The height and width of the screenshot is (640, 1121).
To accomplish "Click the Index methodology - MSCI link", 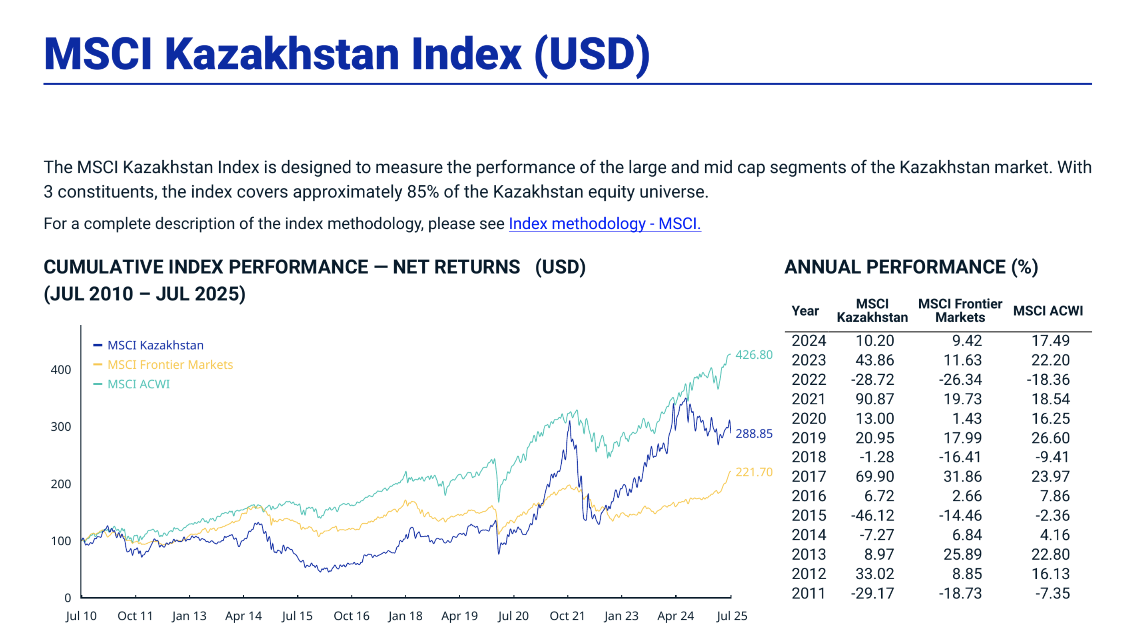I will point(604,224).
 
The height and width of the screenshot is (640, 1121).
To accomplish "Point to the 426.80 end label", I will point(753,355).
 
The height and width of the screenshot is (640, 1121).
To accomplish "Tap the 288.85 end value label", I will point(753,433).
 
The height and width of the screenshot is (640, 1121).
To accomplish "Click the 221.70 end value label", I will point(753,472).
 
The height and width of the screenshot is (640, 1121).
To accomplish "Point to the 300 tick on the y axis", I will point(61,427).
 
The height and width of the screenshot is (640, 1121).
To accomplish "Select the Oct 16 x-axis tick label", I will point(351,616).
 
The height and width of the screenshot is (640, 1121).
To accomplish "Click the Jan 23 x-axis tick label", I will point(621,616).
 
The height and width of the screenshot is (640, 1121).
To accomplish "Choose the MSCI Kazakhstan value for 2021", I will point(874,399).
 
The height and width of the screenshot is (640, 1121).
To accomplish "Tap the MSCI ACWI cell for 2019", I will point(1050,438).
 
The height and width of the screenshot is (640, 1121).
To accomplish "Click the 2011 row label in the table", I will point(808,593).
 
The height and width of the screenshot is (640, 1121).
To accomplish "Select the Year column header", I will point(805,311).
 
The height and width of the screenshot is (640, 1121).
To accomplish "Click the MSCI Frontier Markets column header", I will point(960,310).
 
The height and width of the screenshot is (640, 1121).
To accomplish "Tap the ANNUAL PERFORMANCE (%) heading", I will point(911,267).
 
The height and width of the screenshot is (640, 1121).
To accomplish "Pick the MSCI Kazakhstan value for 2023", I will point(874,360).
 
